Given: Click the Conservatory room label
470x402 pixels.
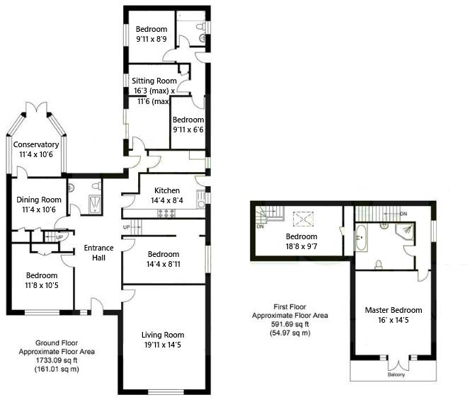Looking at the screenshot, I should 36,145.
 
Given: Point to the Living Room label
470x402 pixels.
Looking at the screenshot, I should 163,335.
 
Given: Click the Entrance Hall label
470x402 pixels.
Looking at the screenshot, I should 98,253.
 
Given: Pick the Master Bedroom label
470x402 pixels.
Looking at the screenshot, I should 394,310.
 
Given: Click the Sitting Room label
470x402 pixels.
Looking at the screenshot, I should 153,81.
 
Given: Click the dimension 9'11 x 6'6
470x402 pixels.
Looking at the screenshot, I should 188,130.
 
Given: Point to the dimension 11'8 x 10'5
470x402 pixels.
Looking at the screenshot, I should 42,285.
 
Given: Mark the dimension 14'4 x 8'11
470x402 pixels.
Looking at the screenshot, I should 163,264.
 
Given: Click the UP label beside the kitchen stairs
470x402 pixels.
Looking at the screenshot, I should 127,227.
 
